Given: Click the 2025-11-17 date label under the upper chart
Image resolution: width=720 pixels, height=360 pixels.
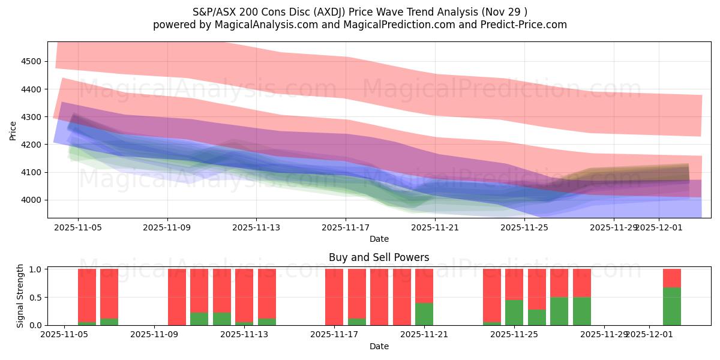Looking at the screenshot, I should (x=346, y=227).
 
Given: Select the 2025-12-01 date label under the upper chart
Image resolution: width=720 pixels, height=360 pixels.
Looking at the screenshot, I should (x=659, y=227).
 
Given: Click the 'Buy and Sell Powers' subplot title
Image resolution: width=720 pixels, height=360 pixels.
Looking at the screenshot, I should (x=379, y=257).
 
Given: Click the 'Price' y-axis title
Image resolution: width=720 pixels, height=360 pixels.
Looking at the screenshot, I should (x=13, y=130).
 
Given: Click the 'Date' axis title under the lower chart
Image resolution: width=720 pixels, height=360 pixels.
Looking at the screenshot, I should (x=379, y=346).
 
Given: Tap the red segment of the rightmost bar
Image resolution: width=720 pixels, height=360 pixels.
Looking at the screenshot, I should (x=671, y=278).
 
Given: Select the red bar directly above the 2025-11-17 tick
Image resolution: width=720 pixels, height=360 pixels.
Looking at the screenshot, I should (x=334, y=297).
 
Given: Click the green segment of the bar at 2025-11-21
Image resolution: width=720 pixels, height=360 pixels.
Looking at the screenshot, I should (x=424, y=314).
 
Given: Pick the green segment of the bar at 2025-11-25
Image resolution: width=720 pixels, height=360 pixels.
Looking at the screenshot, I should (x=514, y=313).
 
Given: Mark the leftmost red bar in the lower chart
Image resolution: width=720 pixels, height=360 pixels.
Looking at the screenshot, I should (x=87, y=295).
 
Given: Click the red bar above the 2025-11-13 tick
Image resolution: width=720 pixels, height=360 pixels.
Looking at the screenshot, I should (x=244, y=295).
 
